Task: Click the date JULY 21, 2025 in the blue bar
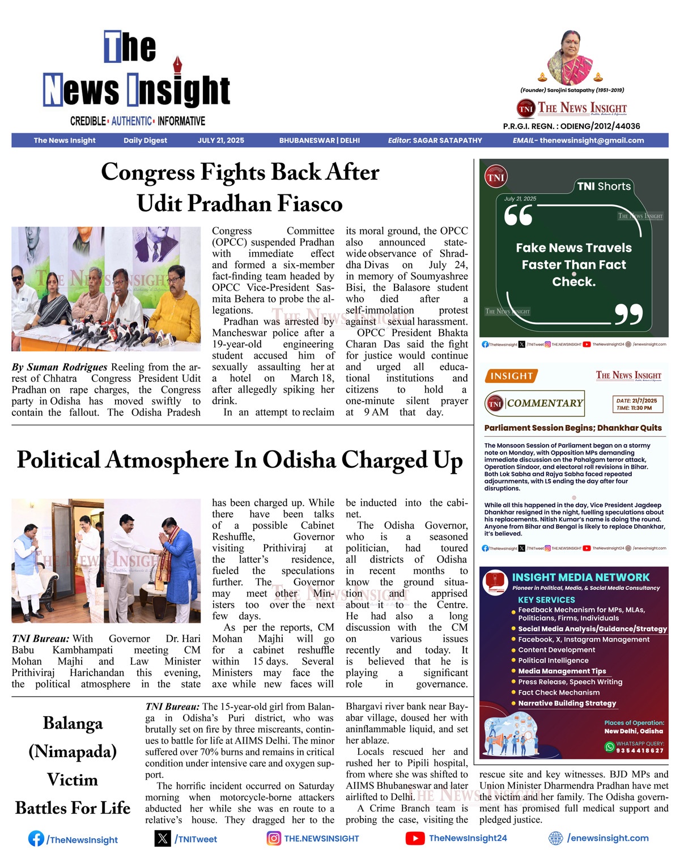click(220, 141)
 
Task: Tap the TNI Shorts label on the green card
click(603, 186)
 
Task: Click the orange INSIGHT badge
click(511, 376)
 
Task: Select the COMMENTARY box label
click(545, 403)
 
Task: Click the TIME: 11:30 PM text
click(634, 408)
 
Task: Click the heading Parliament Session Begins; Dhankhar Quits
click(573, 428)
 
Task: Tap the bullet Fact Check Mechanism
click(558, 692)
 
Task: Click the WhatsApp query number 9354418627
click(640, 751)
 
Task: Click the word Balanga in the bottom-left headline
click(73, 724)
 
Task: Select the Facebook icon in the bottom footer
click(36, 839)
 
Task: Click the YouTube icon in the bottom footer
click(415, 838)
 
